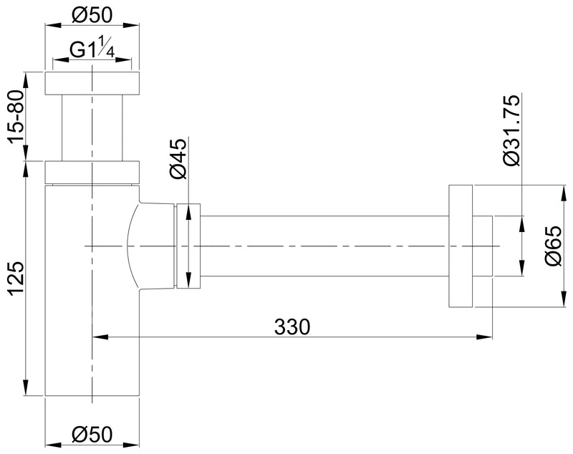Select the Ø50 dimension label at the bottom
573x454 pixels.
(92, 434)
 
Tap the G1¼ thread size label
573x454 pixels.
(92, 52)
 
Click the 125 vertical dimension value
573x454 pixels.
(16, 278)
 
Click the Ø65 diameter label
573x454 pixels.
(552, 246)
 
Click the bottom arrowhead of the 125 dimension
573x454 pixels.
(26, 390)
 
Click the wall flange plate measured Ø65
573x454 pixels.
(461, 246)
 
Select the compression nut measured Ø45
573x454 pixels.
(188, 246)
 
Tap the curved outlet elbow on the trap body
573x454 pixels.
(147, 246)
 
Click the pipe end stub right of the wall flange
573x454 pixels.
(483, 246)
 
